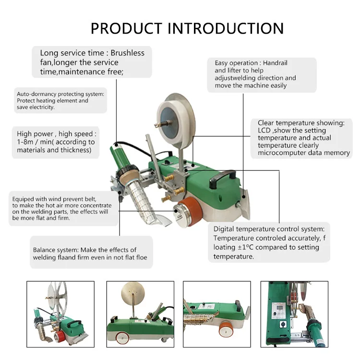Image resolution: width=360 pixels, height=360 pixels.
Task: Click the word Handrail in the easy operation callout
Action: (x=275, y=63)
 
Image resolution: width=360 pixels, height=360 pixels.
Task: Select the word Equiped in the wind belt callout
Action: (x=23, y=198)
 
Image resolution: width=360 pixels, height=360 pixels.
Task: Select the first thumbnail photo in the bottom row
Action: (x=60, y=314)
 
